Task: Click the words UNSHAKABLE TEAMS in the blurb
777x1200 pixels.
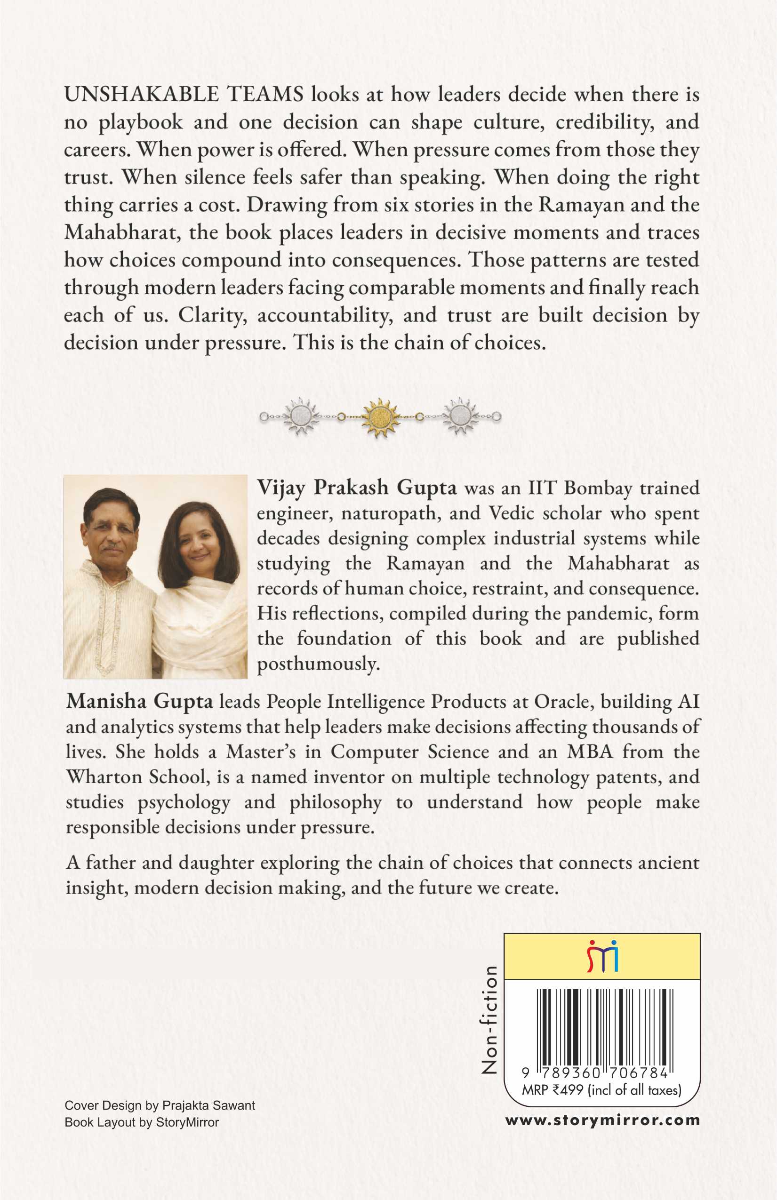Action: pyautogui.click(x=184, y=95)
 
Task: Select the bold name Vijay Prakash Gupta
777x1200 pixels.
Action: pyautogui.click(x=357, y=488)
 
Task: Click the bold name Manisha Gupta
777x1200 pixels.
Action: pyautogui.click(x=140, y=702)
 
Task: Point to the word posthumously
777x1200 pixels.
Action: pyautogui.click(x=318, y=664)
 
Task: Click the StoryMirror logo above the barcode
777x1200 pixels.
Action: pyautogui.click(x=602, y=956)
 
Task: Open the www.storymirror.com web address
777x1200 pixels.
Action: pyautogui.click(x=602, y=1120)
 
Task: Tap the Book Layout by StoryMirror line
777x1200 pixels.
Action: pyautogui.click(x=142, y=1122)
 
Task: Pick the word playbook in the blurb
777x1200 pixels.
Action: pyautogui.click(x=140, y=122)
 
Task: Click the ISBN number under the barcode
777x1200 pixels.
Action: pyautogui.click(x=595, y=1073)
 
